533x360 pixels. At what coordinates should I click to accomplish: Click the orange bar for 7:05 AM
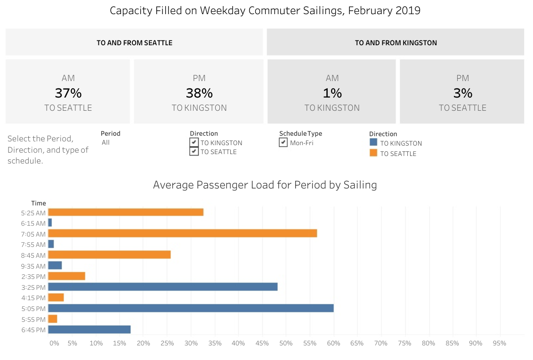click(x=182, y=233)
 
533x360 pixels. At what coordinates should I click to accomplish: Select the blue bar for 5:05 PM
click(x=191, y=308)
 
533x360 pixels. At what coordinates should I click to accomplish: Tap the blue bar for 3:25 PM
click(x=162, y=286)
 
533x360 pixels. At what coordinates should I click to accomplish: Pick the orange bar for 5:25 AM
click(x=126, y=212)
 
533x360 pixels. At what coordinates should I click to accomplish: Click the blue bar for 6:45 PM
click(x=89, y=329)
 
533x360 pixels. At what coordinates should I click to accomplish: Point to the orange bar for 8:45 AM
click(x=109, y=255)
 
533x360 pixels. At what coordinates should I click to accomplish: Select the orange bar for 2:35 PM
click(x=66, y=276)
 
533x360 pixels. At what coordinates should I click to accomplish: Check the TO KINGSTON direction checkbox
click(x=194, y=142)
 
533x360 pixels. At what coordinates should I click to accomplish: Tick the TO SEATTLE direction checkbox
click(x=194, y=152)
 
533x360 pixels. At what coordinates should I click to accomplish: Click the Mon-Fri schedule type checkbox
click(x=283, y=142)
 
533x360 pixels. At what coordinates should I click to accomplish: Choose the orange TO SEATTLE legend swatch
click(x=373, y=153)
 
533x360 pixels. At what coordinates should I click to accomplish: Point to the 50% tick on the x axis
click(x=286, y=344)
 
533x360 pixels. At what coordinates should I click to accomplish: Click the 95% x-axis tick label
click(x=499, y=344)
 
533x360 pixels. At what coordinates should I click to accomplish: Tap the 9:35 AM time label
click(x=33, y=266)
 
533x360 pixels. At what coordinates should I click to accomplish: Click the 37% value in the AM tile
click(x=68, y=93)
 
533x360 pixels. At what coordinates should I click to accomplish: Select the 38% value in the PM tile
click(x=199, y=93)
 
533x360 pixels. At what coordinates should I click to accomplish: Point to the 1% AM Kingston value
click(x=332, y=93)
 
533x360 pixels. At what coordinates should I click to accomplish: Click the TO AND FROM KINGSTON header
click(x=396, y=43)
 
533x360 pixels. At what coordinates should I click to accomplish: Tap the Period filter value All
click(x=105, y=142)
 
